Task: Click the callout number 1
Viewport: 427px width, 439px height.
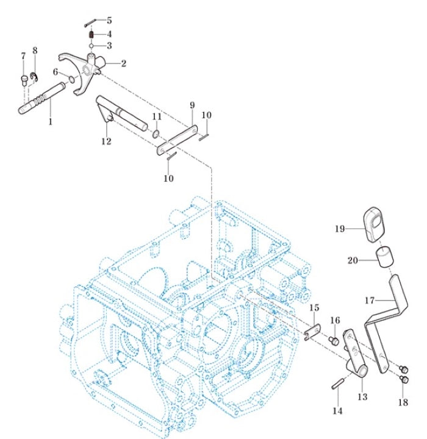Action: [51, 121]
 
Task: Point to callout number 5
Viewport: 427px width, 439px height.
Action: [109, 20]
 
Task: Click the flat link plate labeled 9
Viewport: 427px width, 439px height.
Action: [178, 139]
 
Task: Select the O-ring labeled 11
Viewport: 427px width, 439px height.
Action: [156, 133]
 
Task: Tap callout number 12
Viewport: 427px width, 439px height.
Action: [106, 141]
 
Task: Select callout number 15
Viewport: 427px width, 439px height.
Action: [314, 307]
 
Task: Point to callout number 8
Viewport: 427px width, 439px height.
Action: [35, 51]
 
